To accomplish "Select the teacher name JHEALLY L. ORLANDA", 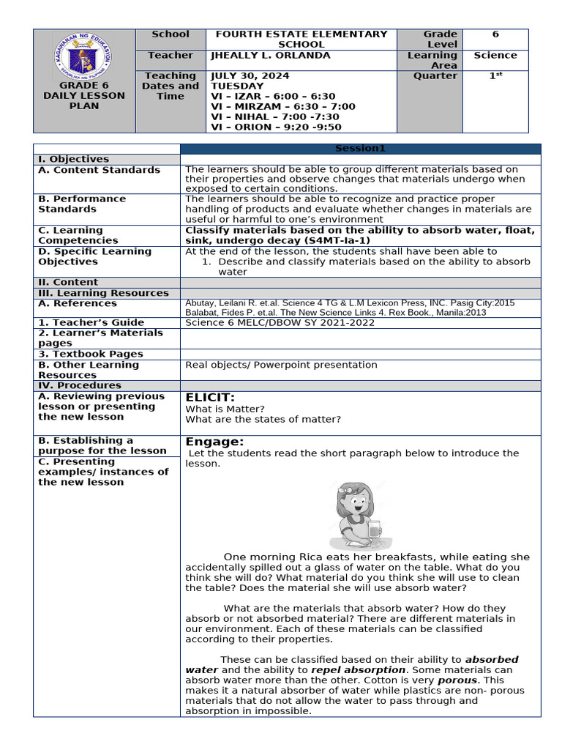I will (x=270, y=56).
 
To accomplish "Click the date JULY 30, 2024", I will (x=250, y=76).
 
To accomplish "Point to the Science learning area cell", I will (x=495, y=56).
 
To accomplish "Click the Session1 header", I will (x=360, y=149).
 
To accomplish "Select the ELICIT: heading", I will (x=210, y=398).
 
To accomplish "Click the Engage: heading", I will (x=214, y=442).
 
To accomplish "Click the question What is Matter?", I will (x=225, y=409).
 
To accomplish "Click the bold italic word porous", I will (x=457, y=680).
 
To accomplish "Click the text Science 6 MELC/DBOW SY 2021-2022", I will (x=280, y=322).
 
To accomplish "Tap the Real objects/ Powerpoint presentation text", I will (x=282, y=365).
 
